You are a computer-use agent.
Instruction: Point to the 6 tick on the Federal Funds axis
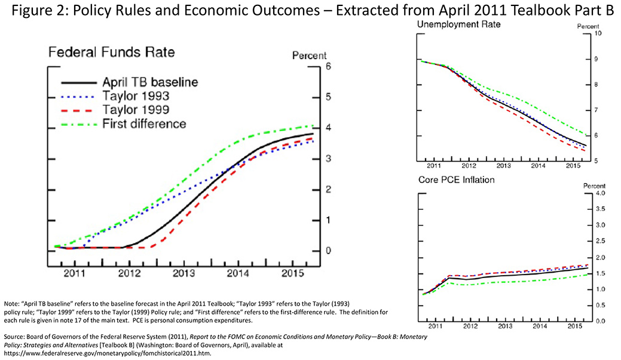tap(328, 66)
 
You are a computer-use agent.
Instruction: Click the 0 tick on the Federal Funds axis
tap(328, 251)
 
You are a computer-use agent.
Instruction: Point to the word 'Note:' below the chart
tap(11, 304)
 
